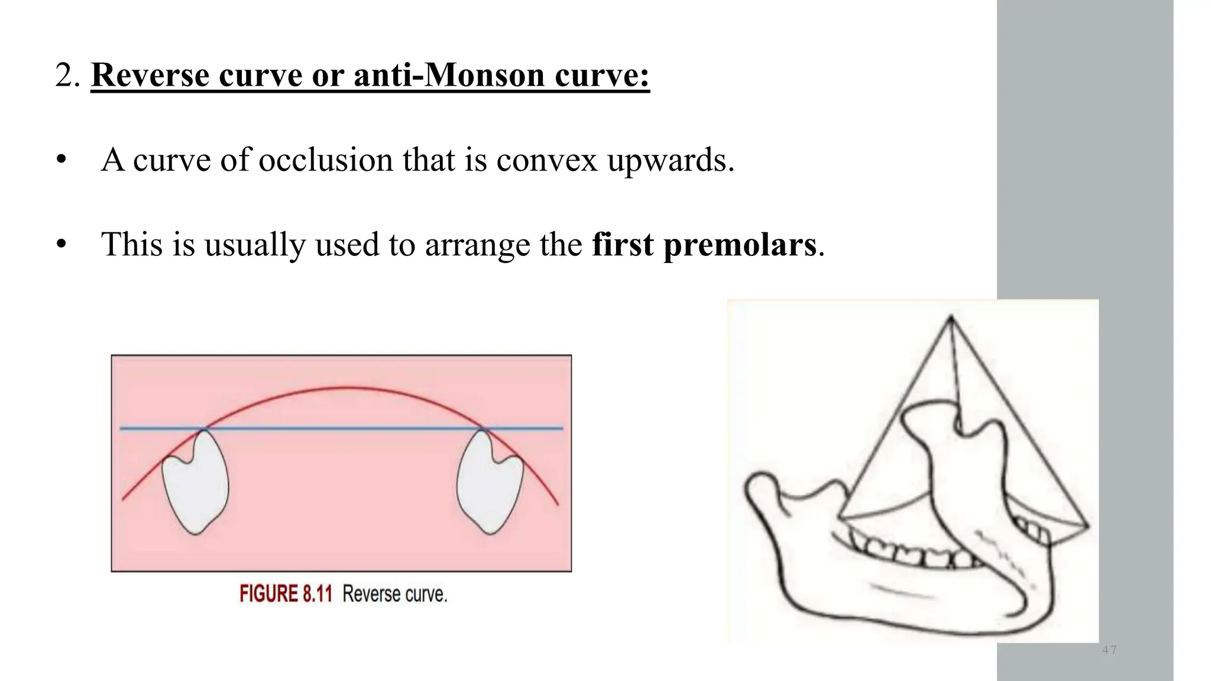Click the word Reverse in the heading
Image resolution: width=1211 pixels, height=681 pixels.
(149, 75)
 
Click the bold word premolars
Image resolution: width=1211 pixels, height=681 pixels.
(740, 244)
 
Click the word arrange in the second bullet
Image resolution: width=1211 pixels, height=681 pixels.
(477, 244)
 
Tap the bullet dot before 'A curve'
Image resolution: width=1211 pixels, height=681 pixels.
(60, 161)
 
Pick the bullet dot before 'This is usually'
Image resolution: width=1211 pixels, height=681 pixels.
(60, 245)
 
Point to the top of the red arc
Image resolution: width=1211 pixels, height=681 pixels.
(346, 388)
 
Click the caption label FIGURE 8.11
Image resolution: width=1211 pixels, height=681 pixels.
(286, 594)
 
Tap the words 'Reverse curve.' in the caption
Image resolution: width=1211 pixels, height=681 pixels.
(394, 594)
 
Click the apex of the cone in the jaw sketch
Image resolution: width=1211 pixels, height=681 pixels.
(951, 319)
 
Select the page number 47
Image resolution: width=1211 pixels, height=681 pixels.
(1109, 650)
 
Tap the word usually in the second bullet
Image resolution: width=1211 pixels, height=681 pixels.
(254, 244)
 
